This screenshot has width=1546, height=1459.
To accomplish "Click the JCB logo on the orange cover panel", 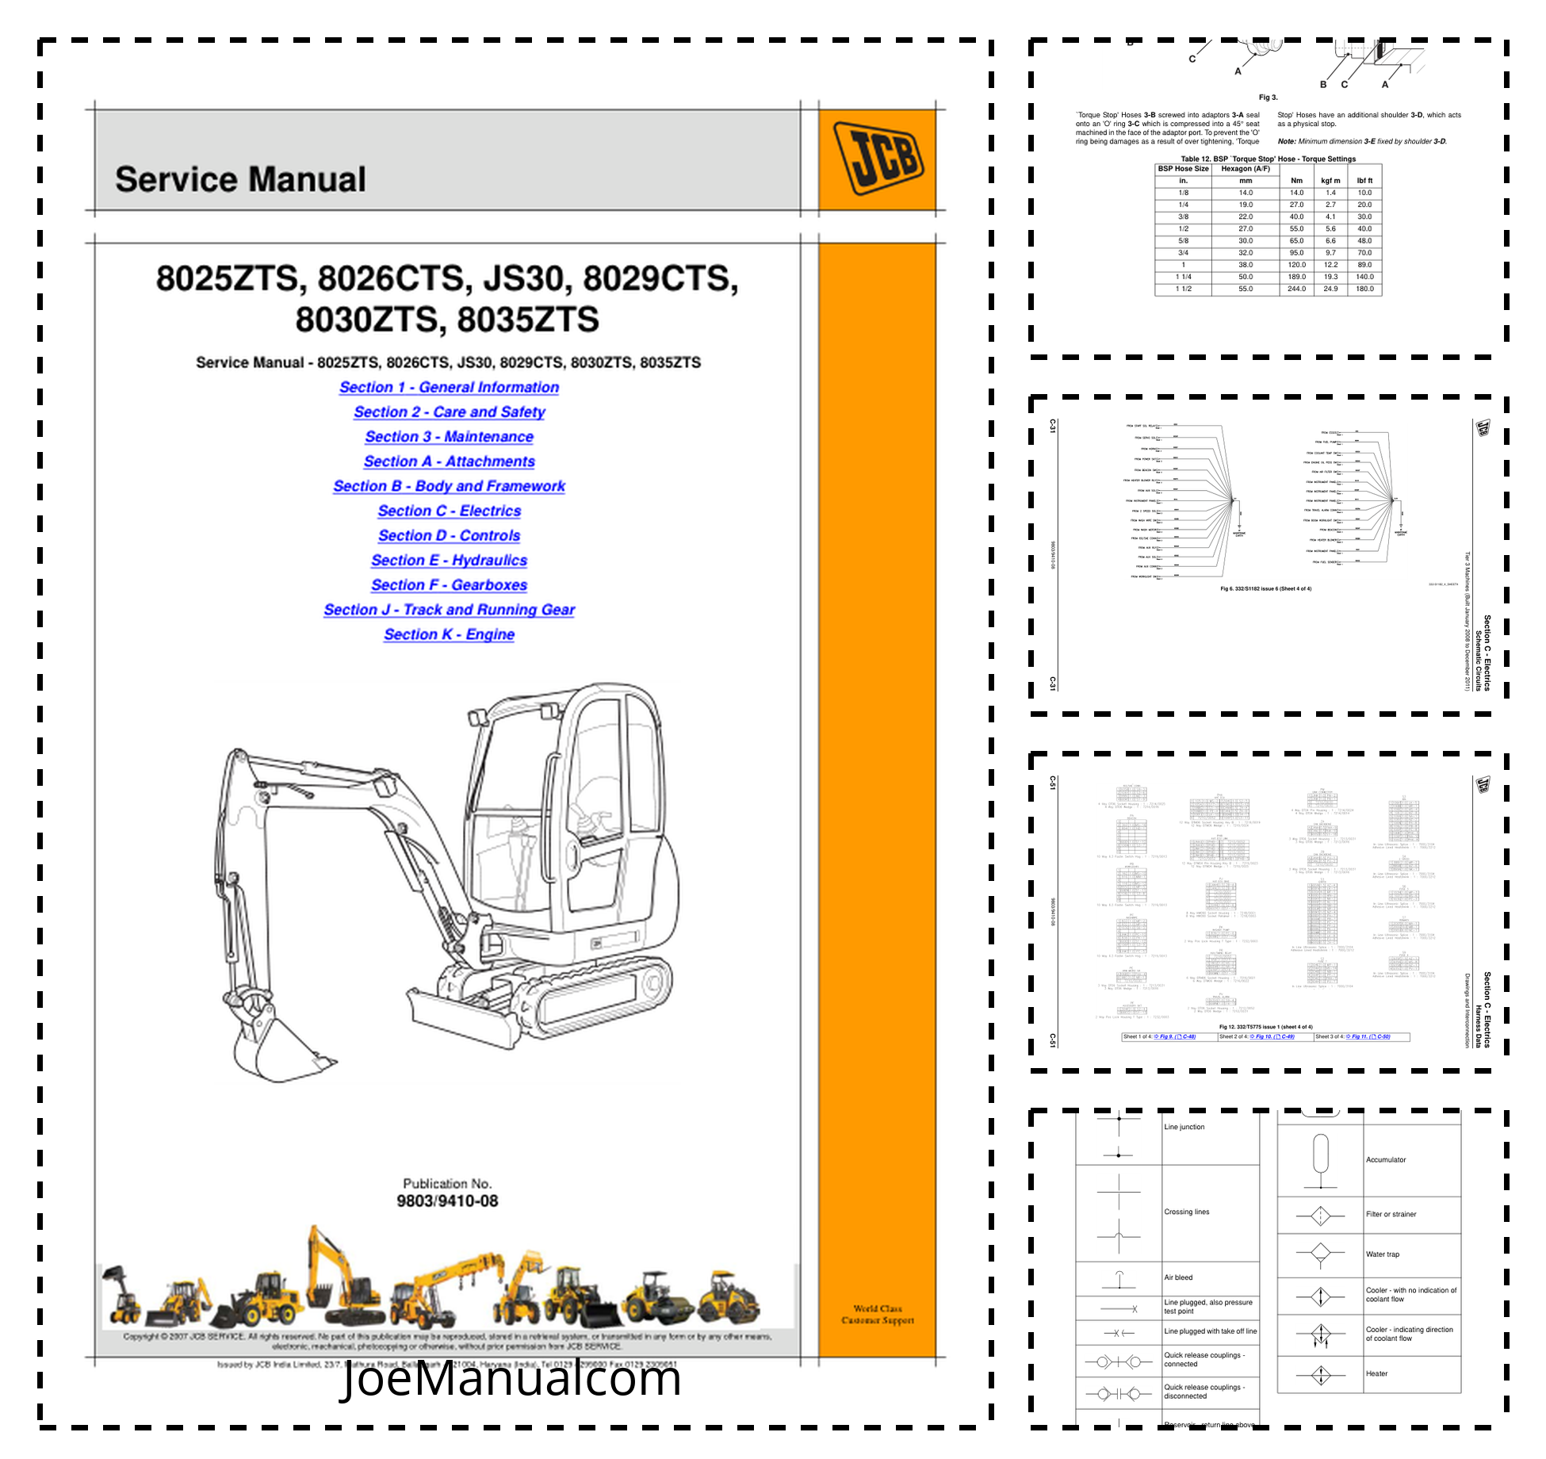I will tap(878, 158).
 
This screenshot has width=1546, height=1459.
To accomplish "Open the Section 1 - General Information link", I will tap(449, 387).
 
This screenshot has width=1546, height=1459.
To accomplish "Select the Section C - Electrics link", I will tap(449, 511).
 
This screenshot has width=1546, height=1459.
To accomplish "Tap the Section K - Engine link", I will tap(449, 634).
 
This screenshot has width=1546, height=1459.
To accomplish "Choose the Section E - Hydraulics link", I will tap(449, 561).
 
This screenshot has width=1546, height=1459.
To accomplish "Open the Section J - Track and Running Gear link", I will tap(449, 610).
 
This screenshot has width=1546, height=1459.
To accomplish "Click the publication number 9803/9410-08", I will tap(447, 1201).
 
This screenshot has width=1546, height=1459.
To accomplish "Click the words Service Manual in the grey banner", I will tap(240, 179).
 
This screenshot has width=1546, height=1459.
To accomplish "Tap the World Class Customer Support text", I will tap(877, 1314).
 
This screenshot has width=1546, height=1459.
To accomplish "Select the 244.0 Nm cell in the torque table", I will tap(1296, 289).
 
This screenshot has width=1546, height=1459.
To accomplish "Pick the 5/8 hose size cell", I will tap(1183, 240).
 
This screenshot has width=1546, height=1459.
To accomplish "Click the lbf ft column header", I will tap(1364, 181).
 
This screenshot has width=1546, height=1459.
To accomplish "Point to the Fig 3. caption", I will tap(1268, 98).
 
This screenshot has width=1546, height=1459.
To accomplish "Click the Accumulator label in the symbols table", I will tap(1385, 1159).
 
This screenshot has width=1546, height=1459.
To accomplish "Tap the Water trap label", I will tap(1382, 1254).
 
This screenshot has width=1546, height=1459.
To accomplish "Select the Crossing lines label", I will tap(1186, 1212).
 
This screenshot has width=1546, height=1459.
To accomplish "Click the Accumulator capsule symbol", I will tap(1320, 1154).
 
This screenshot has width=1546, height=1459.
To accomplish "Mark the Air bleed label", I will tap(1178, 1277).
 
